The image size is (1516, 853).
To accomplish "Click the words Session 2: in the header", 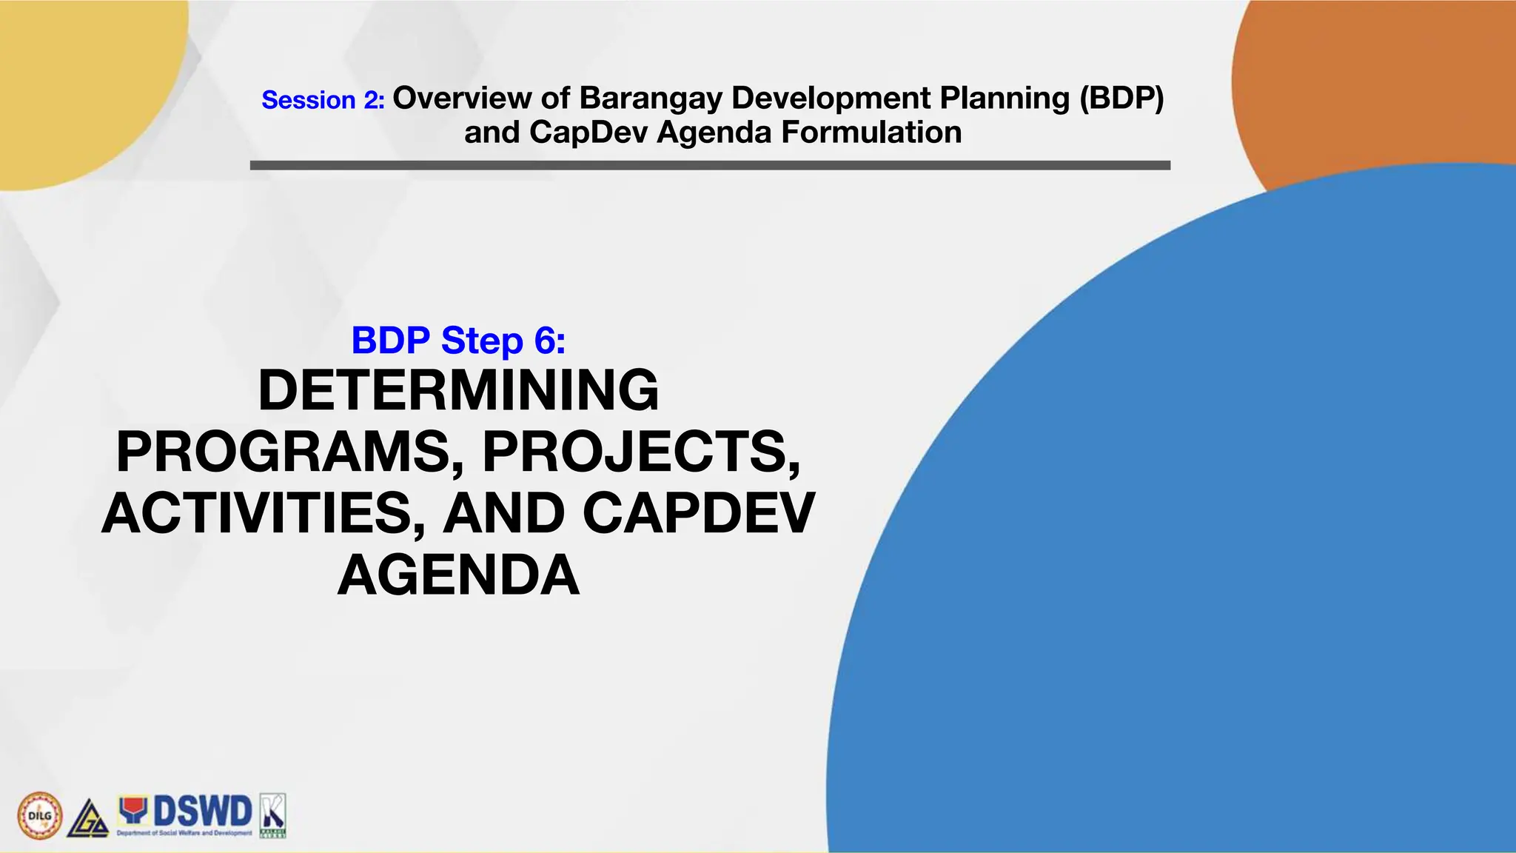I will [x=323, y=100].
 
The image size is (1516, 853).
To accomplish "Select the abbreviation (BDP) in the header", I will [x=1121, y=98].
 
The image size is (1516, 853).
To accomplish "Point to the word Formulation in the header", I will [x=871, y=133].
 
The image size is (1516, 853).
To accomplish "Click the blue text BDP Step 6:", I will [x=458, y=341].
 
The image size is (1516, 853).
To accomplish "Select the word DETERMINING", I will [x=458, y=390].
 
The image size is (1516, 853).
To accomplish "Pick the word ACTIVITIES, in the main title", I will [x=263, y=514].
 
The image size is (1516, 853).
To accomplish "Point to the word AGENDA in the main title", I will [x=458, y=576].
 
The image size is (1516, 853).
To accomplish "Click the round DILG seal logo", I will [x=39, y=816].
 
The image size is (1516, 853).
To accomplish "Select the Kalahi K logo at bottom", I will [x=272, y=815].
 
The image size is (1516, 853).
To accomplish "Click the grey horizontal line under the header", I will [x=710, y=166].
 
